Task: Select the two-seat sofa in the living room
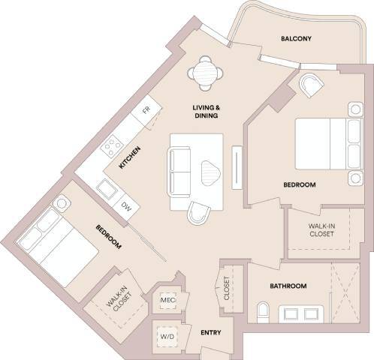(x=179, y=171)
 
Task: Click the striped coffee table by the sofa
(x=211, y=172)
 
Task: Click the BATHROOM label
(x=288, y=286)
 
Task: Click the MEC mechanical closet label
(x=167, y=301)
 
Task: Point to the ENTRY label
(x=210, y=331)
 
